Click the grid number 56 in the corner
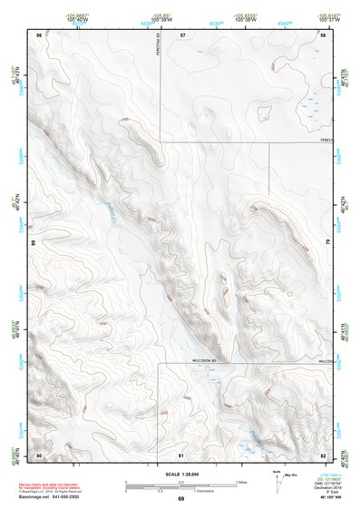[x=39, y=34]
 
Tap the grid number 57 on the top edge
[x=182, y=34]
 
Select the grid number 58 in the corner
[x=324, y=34]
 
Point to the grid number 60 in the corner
[x=39, y=454]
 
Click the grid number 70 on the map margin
[x=328, y=242]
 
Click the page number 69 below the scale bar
[x=180, y=499]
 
